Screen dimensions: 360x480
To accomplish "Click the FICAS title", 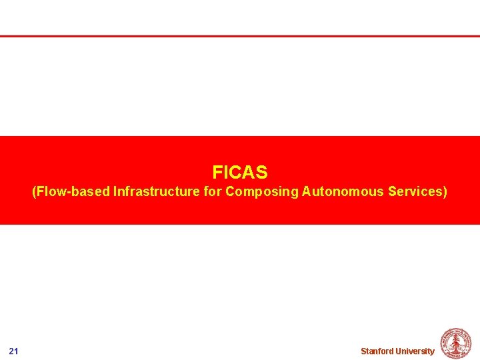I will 240,173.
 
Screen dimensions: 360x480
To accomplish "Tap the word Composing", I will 262,192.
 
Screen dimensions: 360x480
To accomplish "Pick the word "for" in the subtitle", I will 213,192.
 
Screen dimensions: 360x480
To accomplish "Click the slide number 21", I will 14,351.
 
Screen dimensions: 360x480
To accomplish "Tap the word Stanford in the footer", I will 377,351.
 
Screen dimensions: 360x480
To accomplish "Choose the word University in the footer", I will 415,351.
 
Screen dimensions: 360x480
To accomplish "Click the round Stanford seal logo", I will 456,344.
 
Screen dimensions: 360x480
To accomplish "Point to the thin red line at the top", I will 240,36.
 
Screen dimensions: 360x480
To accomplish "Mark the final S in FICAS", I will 262,173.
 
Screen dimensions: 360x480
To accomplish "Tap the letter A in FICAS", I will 247,173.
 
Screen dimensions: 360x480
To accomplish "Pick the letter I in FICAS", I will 224,173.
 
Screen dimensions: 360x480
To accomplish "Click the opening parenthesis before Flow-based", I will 35,192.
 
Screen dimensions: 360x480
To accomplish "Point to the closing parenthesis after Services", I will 445,192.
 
